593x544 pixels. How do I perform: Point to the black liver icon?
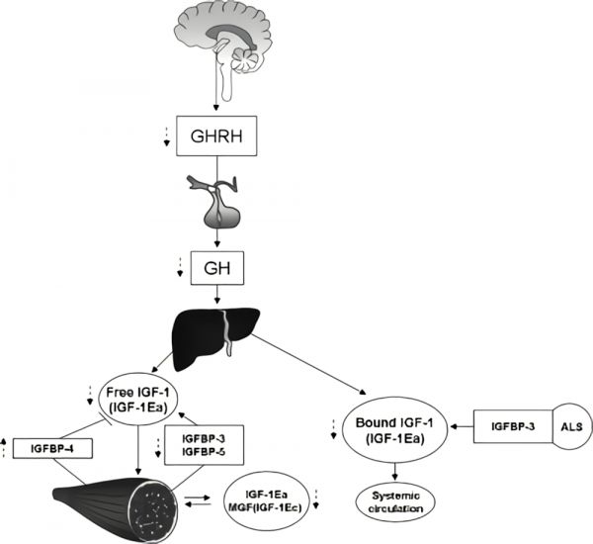215,327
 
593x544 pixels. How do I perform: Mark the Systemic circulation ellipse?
396,501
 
